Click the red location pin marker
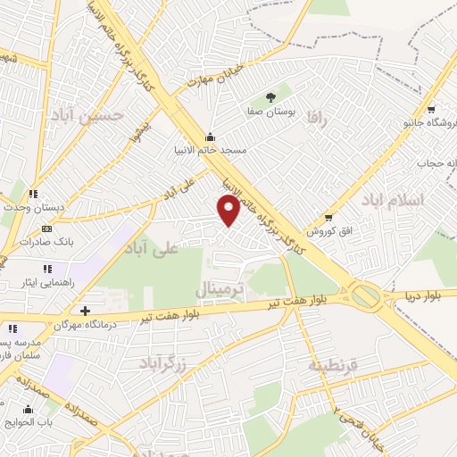[x=229, y=210]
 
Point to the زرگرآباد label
[x=163, y=361]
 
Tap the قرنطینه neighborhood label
[x=333, y=366]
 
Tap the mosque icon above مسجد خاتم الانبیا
[x=210, y=137]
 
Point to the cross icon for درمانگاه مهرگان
[x=85, y=312]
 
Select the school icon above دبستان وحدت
[x=33, y=194]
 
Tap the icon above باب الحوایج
[x=28, y=410]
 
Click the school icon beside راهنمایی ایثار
[x=46, y=269]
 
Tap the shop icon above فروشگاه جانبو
[x=431, y=108]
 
